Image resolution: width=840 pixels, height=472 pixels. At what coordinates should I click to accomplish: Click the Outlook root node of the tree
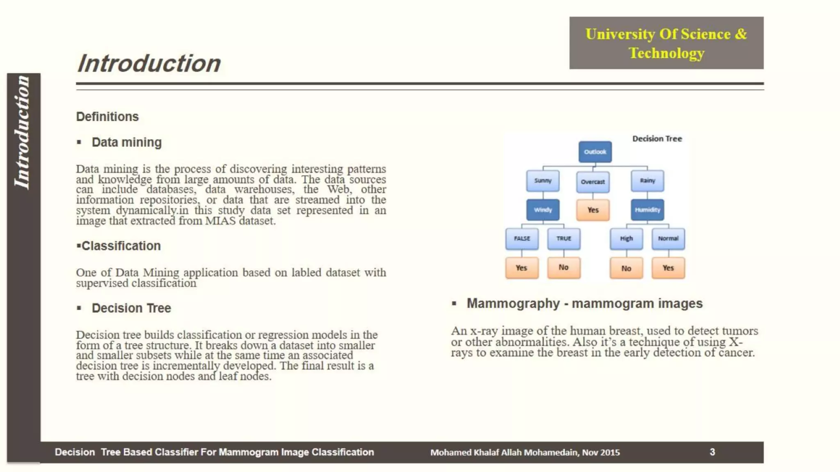coord(595,152)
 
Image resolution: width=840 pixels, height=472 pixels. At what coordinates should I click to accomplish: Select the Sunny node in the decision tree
coord(543,181)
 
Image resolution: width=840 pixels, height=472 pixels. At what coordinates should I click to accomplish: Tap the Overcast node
coord(593,182)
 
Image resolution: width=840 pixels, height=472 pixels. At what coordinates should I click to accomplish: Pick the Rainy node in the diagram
coord(647,181)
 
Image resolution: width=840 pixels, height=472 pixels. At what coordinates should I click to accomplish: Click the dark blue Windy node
coord(543,210)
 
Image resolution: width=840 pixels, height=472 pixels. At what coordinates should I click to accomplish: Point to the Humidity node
coord(647,210)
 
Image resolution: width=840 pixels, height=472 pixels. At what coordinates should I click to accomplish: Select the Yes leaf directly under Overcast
coord(593,210)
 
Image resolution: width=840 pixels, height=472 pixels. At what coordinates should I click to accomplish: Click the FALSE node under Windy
coord(522,238)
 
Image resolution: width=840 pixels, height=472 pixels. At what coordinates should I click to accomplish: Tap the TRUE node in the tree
coord(564,238)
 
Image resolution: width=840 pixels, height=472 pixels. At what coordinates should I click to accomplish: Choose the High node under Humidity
coord(626,238)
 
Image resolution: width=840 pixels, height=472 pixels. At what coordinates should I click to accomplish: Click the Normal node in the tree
coord(668,238)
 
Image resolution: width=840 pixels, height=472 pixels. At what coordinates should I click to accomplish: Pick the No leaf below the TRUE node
coord(564,268)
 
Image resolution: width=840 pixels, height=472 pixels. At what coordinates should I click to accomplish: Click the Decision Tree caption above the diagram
coord(657,139)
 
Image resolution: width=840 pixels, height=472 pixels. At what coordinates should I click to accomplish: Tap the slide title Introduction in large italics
coord(149,64)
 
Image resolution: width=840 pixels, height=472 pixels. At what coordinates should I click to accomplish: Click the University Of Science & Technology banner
coord(666,43)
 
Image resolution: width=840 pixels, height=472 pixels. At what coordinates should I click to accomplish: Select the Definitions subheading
coord(107,117)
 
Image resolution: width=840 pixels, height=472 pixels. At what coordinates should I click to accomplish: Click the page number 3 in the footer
coord(712,452)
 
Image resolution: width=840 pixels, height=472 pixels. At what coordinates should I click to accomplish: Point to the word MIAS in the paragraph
coord(220,221)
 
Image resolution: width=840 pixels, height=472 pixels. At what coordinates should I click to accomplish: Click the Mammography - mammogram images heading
coord(584,304)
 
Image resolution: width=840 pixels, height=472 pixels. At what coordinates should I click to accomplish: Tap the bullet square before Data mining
coord(79,143)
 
